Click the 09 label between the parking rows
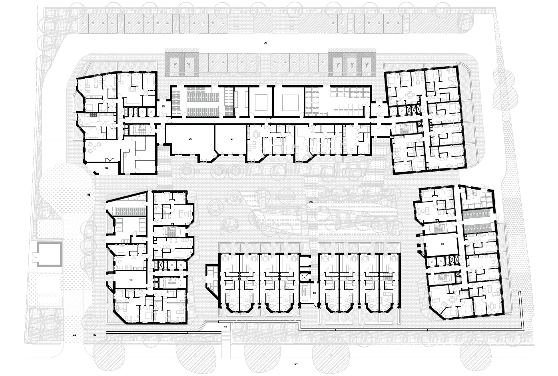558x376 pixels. pos(265,43)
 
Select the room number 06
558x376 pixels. pos(190,139)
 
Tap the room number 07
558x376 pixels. pos(232,139)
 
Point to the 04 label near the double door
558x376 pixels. pos(107,169)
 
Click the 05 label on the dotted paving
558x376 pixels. pos(89,194)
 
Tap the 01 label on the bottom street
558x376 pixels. pos(296,364)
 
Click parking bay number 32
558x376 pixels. pos(203,63)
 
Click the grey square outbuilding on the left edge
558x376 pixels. pos(48,254)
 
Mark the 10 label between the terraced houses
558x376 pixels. pos(314,293)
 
